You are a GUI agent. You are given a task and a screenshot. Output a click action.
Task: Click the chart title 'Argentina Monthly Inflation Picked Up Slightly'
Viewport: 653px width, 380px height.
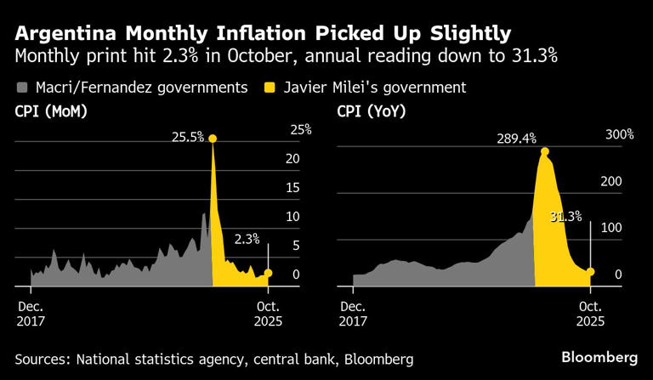pyautogui.click(x=262, y=33)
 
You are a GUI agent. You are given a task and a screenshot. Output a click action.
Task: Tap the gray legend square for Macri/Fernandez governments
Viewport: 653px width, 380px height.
pyautogui.click(x=21, y=88)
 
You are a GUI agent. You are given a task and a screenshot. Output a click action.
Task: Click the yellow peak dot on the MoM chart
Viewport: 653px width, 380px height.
pyautogui.click(x=213, y=139)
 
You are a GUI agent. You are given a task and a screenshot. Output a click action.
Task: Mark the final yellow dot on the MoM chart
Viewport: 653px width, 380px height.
pyautogui.click(x=269, y=273)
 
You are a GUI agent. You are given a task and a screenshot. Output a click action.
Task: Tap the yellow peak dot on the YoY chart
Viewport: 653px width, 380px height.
pyautogui.click(x=544, y=152)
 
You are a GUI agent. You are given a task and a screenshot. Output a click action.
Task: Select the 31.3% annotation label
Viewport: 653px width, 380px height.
pyautogui.click(x=565, y=217)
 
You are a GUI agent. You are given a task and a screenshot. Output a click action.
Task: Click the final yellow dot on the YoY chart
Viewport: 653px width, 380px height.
pyautogui.click(x=590, y=272)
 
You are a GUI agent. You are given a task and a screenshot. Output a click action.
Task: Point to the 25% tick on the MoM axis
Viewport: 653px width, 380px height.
pyautogui.click(x=301, y=130)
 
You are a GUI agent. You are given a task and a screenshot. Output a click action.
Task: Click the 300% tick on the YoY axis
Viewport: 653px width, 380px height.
pyautogui.click(x=620, y=135)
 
